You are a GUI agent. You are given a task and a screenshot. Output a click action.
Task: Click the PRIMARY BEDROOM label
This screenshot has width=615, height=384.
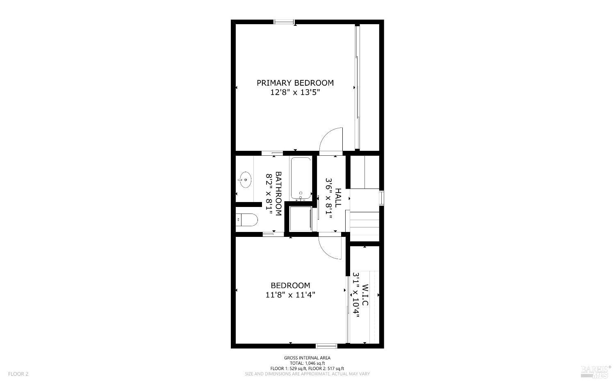click(x=295, y=83)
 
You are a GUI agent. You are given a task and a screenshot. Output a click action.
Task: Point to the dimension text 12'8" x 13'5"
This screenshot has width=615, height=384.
click(x=295, y=93)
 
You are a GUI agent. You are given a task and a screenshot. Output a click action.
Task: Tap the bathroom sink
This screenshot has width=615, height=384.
click(x=245, y=180)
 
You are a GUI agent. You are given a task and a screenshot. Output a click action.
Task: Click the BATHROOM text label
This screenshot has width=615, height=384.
click(x=278, y=194)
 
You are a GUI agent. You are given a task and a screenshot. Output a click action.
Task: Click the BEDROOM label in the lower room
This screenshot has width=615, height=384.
click(x=290, y=286)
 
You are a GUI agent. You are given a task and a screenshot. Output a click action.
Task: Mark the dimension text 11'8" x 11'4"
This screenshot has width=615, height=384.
click(x=290, y=295)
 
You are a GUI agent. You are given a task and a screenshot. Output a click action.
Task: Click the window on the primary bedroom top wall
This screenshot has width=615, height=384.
click(x=284, y=22)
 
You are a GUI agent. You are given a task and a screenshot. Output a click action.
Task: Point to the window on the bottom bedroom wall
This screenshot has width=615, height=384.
click(x=326, y=346)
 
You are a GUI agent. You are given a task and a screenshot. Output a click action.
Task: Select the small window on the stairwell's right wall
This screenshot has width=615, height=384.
click(x=381, y=198)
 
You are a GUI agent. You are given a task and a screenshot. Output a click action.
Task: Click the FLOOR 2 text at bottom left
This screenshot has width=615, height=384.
click(x=18, y=374)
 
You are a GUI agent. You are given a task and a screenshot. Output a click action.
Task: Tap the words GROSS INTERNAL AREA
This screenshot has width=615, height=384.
click(x=307, y=358)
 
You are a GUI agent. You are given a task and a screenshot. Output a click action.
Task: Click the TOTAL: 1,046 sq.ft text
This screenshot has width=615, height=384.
click(x=307, y=363)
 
